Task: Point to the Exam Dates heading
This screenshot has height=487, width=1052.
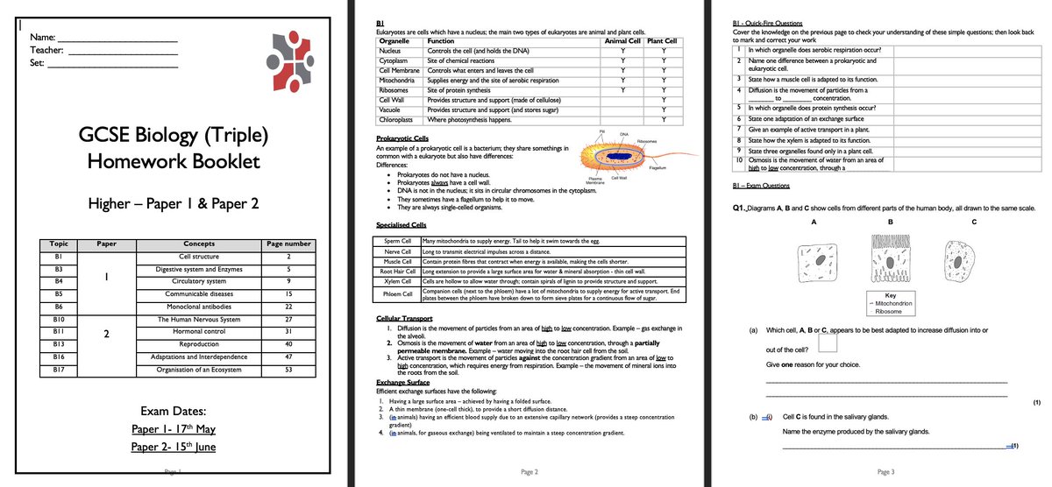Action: [x=174, y=411]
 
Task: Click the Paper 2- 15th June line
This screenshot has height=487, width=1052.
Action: [x=174, y=447]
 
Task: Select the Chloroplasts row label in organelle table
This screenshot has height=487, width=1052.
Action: [x=391, y=119]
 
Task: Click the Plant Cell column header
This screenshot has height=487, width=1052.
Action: [x=664, y=41]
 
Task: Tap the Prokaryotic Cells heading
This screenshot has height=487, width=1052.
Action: [x=402, y=138]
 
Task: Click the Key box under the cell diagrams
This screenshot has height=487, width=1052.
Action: [x=890, y=303]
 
